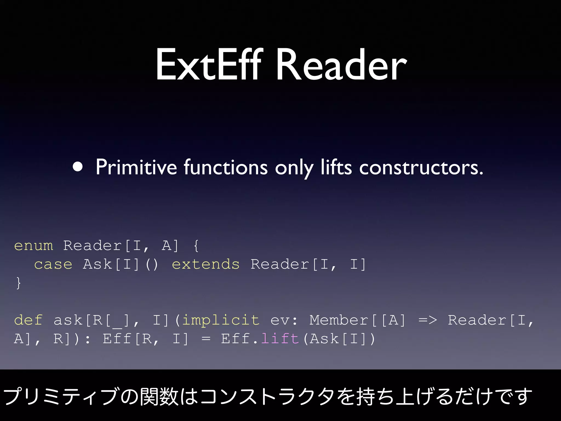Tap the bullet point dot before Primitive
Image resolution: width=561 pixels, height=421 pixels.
click(x=78, y=167)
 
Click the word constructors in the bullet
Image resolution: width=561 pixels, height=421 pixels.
click(x=421, y=167)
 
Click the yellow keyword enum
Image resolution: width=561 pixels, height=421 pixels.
click(x=33, y=246)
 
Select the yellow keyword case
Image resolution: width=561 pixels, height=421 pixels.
click(x=53, y=264)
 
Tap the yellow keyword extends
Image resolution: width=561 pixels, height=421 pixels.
click(x=205, y=264)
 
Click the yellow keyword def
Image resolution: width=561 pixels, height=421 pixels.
click(x=28, y=320)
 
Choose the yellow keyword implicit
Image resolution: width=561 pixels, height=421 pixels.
click(x=221, y=320)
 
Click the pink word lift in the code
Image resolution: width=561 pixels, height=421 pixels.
click(x=280, y=338)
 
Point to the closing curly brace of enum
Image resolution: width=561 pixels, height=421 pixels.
click(x=18, y=283)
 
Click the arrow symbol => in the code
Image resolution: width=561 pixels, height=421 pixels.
click(x=428, y=320)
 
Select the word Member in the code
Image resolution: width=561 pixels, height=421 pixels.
click(x=339, y=320)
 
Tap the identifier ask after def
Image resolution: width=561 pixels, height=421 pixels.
click(x=68, y=320)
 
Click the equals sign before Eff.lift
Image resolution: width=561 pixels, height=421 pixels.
click(x=206, y=339)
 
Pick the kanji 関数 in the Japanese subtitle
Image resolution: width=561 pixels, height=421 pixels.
click(x=159, y=396)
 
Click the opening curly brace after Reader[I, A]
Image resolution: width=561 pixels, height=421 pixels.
click(x=196, y=246)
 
